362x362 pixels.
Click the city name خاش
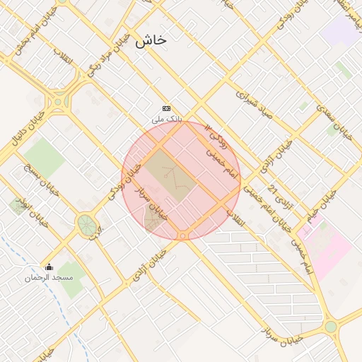tap(151, 40)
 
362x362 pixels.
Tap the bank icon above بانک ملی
tap(167, 108)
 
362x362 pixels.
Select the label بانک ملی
tap(168, 119)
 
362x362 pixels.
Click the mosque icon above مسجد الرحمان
tap(49, 267)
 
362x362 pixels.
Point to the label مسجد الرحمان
tap(49, 278)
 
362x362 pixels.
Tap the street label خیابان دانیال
tap(27, 128)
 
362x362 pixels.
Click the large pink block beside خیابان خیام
tap(325, 247)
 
